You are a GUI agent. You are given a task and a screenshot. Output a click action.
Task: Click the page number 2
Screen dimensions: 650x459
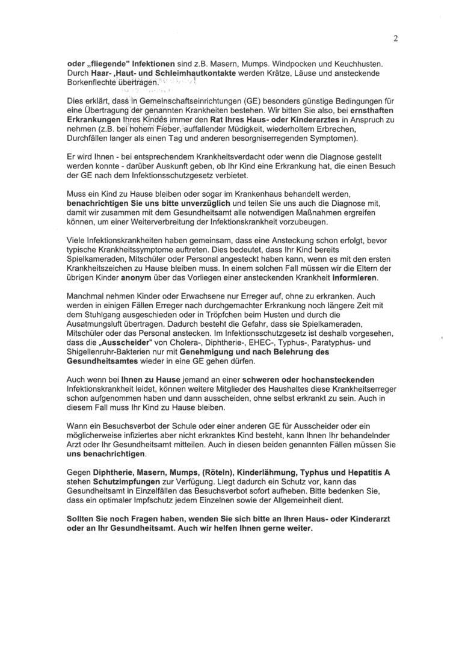pos(395,40)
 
